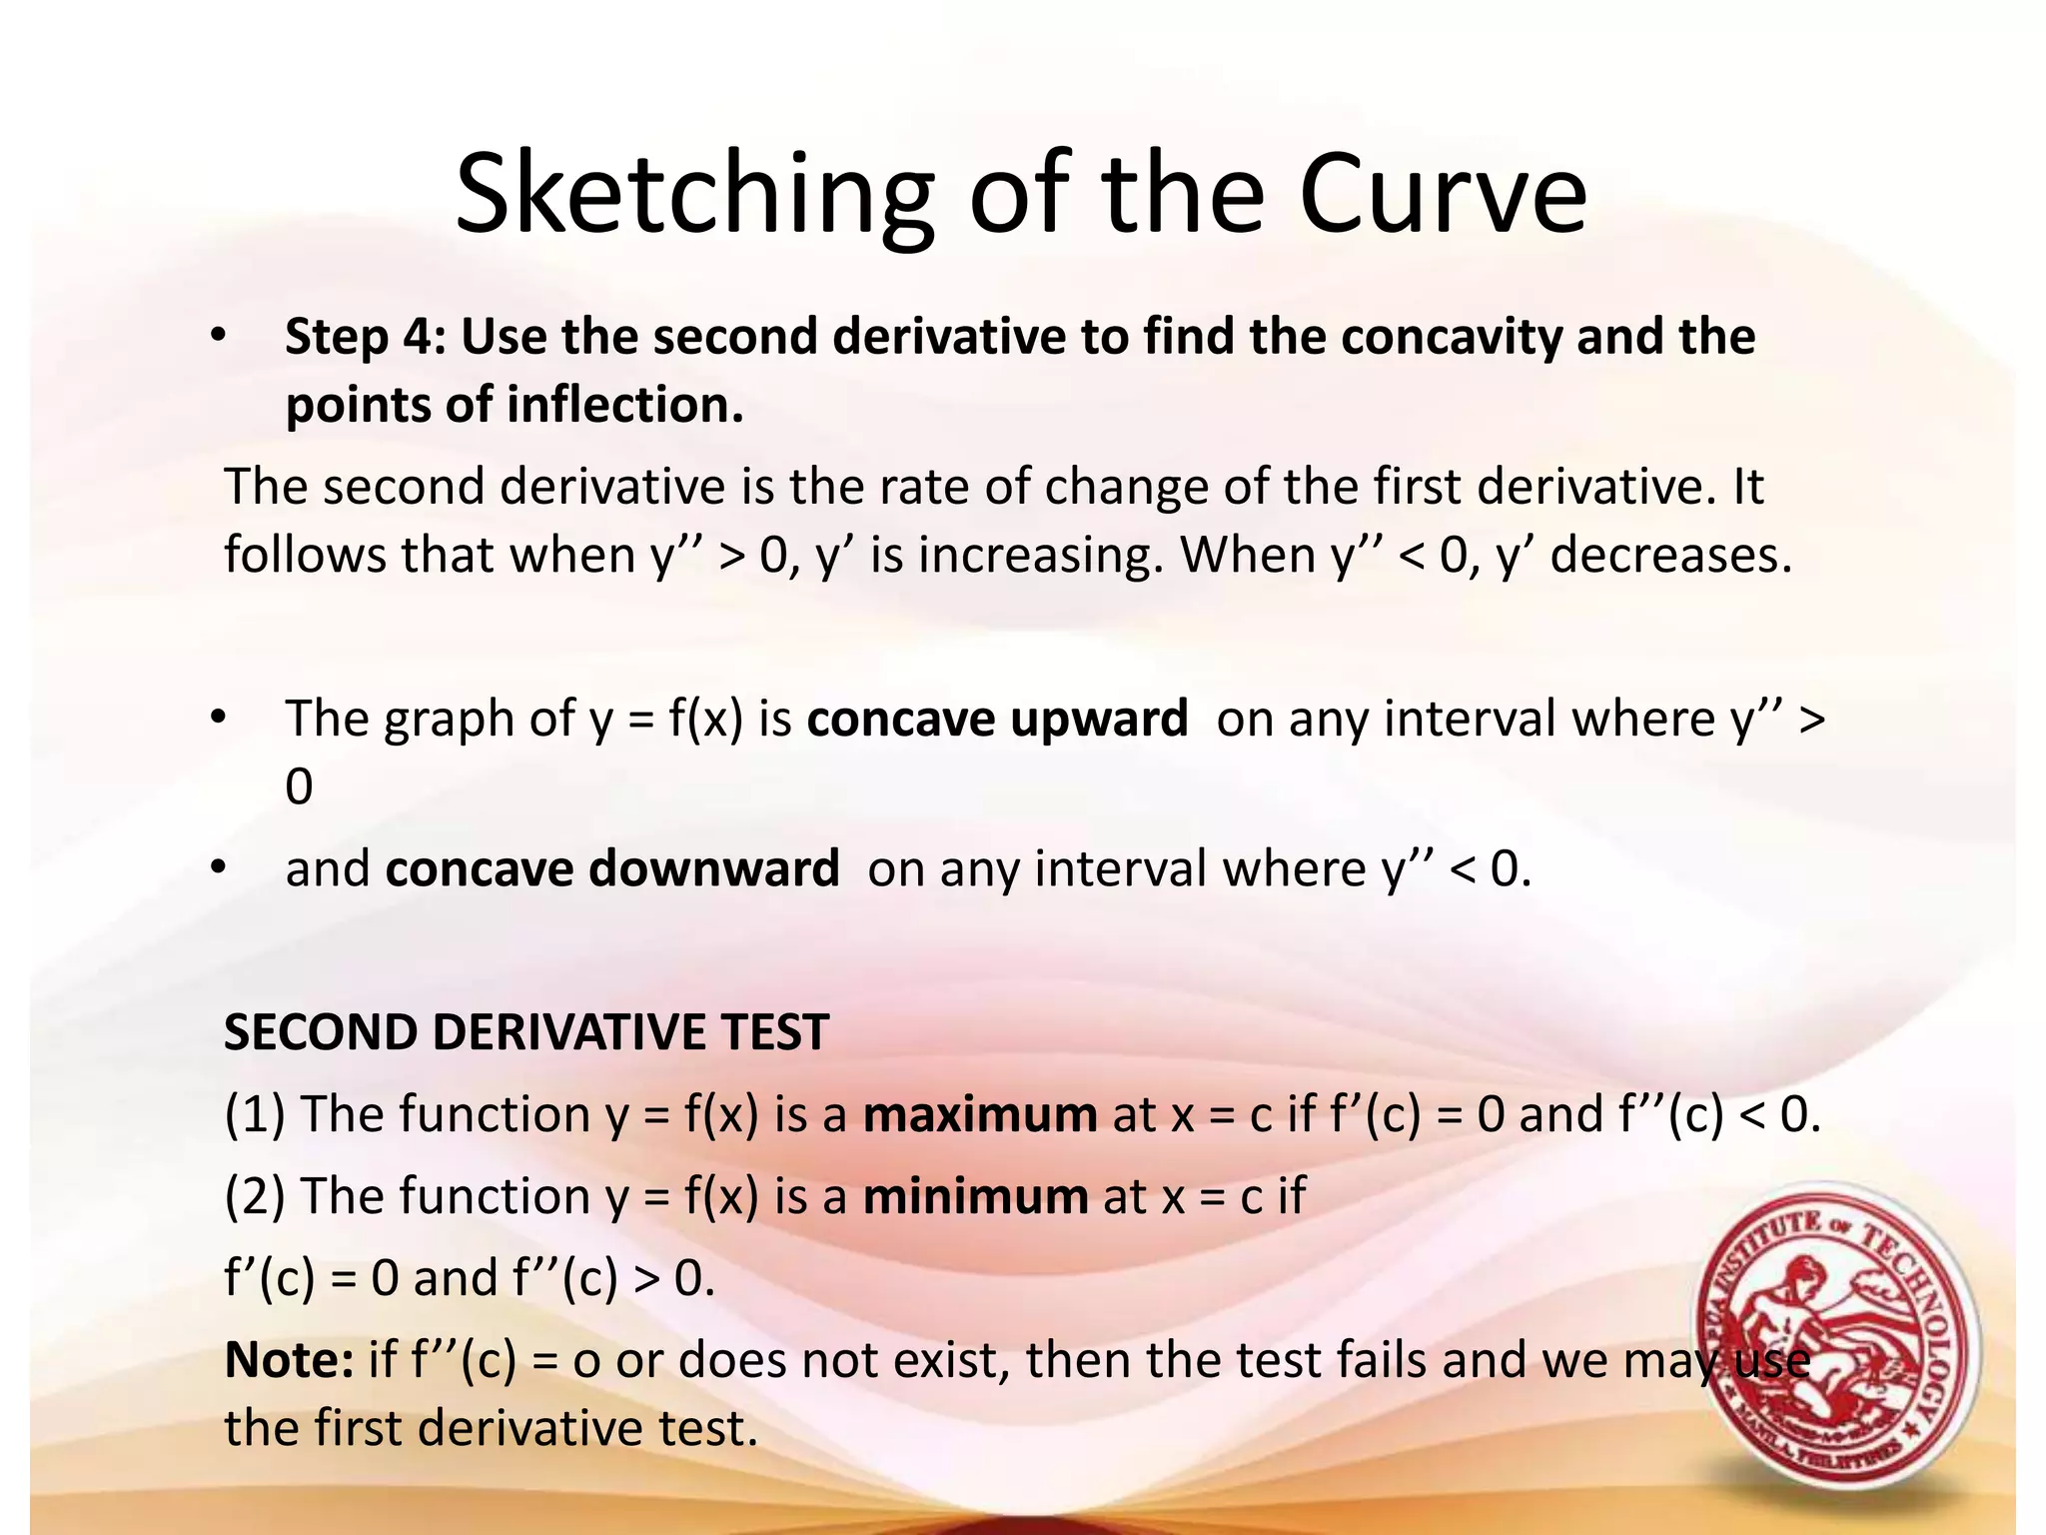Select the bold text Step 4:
point(366,337)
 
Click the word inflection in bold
point(623,406)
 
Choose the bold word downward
point(713,868)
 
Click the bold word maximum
point(980,1114)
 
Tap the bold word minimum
point(975,1196)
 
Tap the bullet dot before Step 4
point(219,337)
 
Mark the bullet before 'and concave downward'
point(219,868)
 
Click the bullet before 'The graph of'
point(219,719)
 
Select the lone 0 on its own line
point(299,787)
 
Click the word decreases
point(1670,556)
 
